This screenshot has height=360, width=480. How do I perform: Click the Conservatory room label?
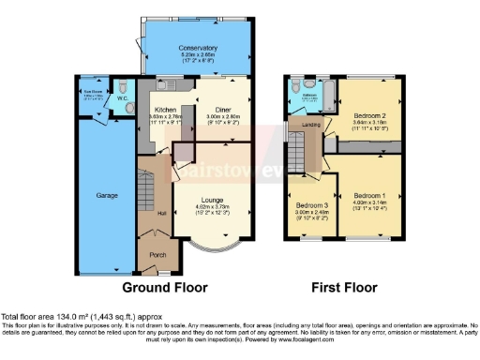click(199, 48)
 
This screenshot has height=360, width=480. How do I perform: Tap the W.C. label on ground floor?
click(124, 94)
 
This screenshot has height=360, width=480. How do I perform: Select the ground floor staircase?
click(147, 187)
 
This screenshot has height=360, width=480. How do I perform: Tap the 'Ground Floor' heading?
click(166, 288)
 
